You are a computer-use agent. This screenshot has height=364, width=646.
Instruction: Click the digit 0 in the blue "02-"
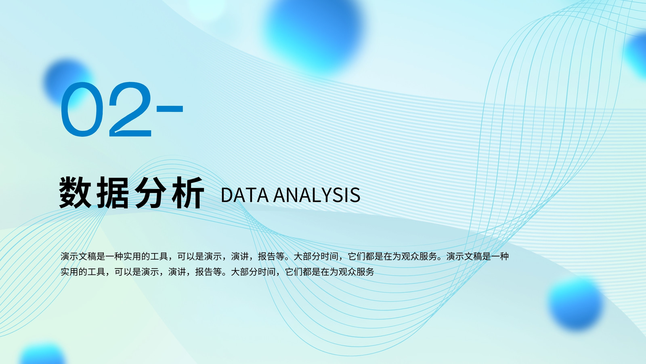click(x=82, y=109)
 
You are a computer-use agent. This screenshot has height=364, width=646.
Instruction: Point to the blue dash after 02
click(x=170, y=109)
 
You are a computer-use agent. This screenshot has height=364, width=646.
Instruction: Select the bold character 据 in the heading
click(x=113, y=193)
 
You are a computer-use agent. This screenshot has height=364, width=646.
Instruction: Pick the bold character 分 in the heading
click(x=151, y=193)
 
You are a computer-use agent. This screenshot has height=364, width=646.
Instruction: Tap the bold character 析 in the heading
click(x=188, y=193)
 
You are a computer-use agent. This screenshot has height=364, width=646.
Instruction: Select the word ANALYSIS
click(x=317, y=195)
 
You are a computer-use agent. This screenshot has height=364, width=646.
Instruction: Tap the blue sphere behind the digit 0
click(x=69, y=83)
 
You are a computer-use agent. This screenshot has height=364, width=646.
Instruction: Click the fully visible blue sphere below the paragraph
click(x=575, y=303)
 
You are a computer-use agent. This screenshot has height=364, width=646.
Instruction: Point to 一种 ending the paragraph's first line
click(x=500, y=256)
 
